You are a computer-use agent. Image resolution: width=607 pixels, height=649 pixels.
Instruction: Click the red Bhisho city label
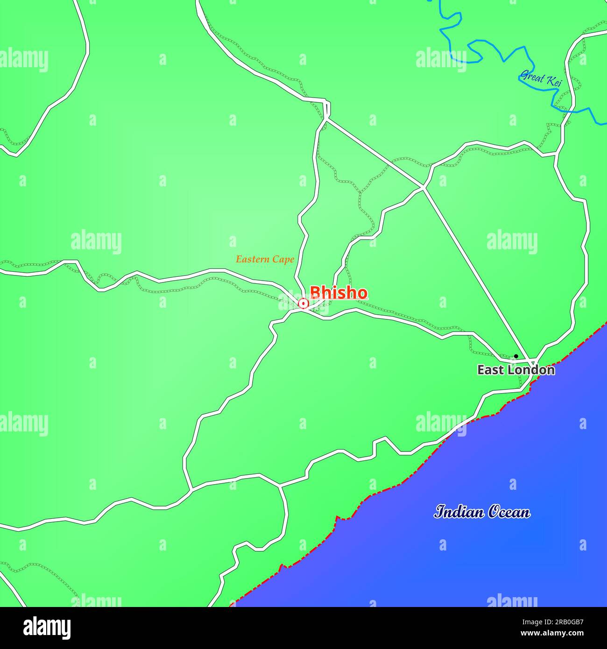coord(339,292)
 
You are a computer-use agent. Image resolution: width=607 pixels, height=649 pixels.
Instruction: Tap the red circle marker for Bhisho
coord(303,304)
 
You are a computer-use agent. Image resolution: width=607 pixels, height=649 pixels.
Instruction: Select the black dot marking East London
coord(516,356)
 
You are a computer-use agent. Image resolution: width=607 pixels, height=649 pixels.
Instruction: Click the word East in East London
coord(490,370)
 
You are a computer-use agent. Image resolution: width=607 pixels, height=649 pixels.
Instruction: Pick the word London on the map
coord(531,370)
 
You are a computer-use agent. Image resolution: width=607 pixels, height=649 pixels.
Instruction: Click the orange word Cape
coord(284,260)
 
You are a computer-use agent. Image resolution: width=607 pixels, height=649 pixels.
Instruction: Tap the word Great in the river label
coord(532,76)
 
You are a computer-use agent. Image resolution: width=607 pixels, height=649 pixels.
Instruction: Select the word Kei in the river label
coord(554,82)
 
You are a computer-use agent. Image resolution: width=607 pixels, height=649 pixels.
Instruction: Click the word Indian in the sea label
coord(459,512)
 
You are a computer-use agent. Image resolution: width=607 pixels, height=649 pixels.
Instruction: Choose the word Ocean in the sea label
coord(509,512)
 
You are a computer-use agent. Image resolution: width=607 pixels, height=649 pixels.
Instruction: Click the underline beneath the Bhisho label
coord(339,300)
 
